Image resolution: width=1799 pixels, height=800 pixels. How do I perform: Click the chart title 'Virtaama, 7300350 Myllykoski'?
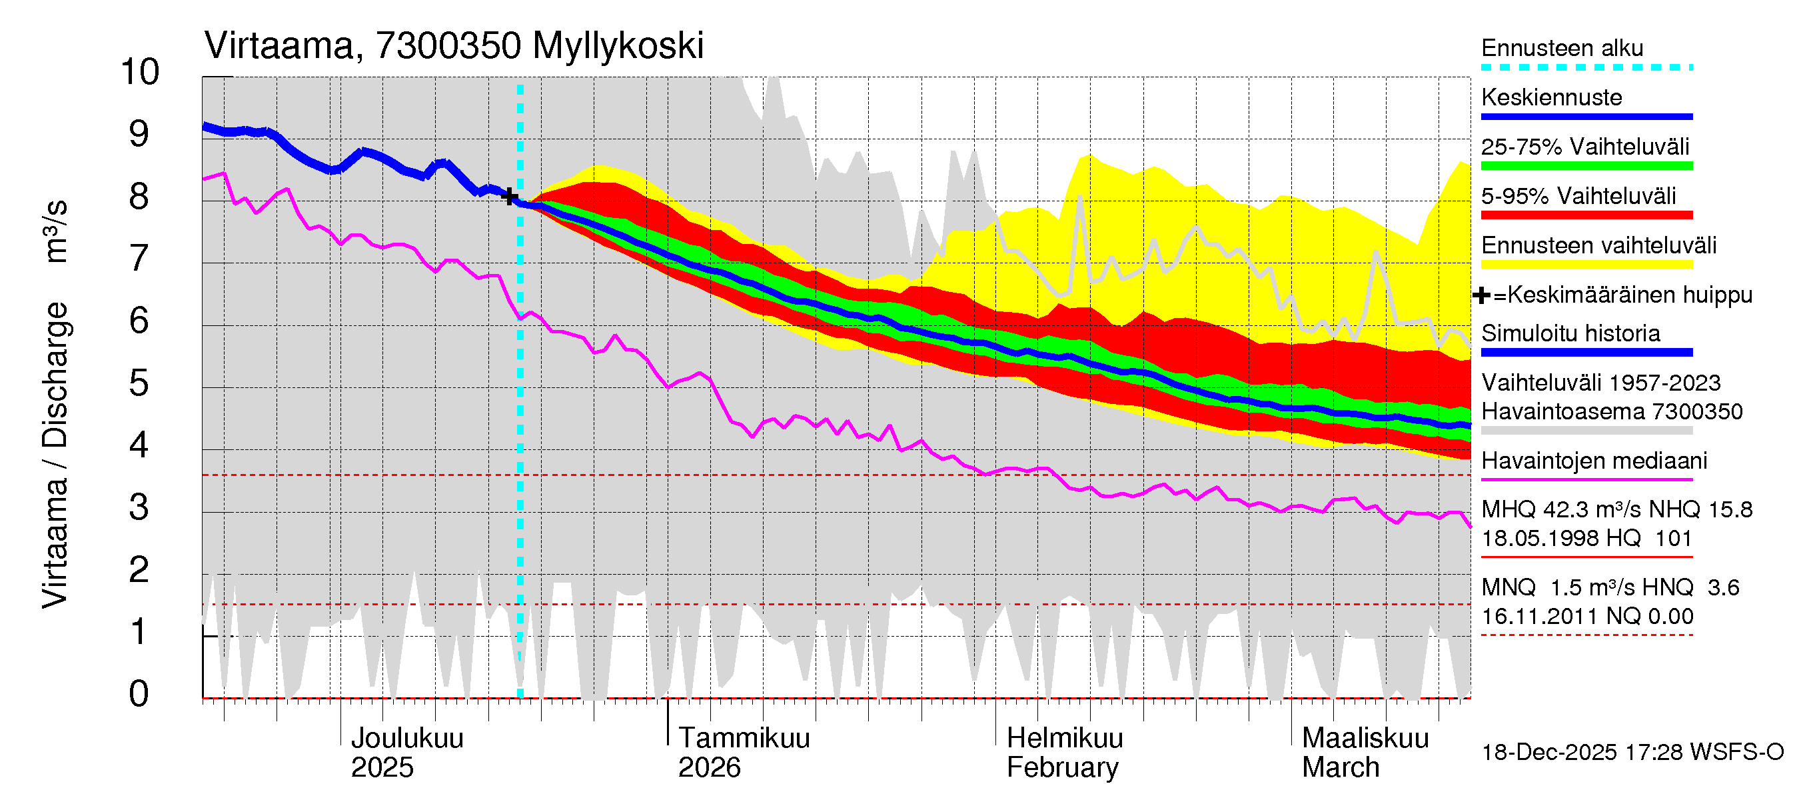point(453,46)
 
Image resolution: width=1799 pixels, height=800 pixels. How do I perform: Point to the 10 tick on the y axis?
point(140,72)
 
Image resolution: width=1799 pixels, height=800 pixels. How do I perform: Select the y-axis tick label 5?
point(139,383)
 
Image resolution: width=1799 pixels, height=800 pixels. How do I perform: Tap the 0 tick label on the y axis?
point(139,694)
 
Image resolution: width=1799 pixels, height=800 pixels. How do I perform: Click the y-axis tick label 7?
point(139,259)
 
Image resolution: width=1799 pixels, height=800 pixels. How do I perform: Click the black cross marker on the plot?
point(510,196)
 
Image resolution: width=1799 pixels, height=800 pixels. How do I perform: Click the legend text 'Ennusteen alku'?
point(1562,48)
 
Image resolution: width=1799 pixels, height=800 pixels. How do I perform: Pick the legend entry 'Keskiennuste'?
point(1551,98)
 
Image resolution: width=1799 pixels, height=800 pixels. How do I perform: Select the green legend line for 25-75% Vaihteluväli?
point(1586,166)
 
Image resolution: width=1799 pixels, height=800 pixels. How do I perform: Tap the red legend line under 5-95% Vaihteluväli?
point(1586,215)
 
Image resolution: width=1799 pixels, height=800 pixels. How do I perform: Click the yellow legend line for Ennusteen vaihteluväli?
point(1586,265)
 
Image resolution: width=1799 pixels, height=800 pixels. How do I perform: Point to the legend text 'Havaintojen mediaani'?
point(1594,461)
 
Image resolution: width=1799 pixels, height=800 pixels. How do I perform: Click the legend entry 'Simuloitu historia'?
point(1570,333)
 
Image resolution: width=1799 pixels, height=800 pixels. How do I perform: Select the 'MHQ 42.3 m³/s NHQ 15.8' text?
point(1616,510)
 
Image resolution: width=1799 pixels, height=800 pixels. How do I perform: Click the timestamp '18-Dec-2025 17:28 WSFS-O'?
point(1632,753)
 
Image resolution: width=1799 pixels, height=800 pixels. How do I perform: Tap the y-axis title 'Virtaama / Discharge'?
point(55,454)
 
